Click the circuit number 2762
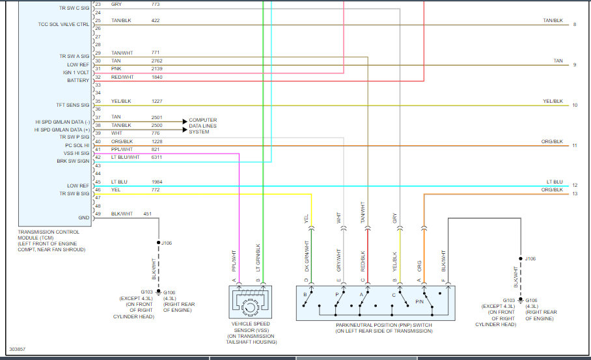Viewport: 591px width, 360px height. coord(157,61)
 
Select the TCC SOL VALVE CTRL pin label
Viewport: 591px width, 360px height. coord(64,24)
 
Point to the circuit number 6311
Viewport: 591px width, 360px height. coord(157,157)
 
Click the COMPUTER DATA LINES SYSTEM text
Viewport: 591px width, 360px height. coord(202,126)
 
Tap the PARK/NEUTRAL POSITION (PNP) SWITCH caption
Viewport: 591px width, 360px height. coord(383,328)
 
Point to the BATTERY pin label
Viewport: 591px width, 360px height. coord(78,81)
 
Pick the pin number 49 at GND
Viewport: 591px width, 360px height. coord(98,214)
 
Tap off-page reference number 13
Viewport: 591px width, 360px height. coord(575,193)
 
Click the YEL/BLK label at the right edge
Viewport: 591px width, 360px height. coord(553,101)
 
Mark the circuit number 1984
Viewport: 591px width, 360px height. coord(157,182)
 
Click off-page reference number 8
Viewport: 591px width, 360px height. coord(575,24)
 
